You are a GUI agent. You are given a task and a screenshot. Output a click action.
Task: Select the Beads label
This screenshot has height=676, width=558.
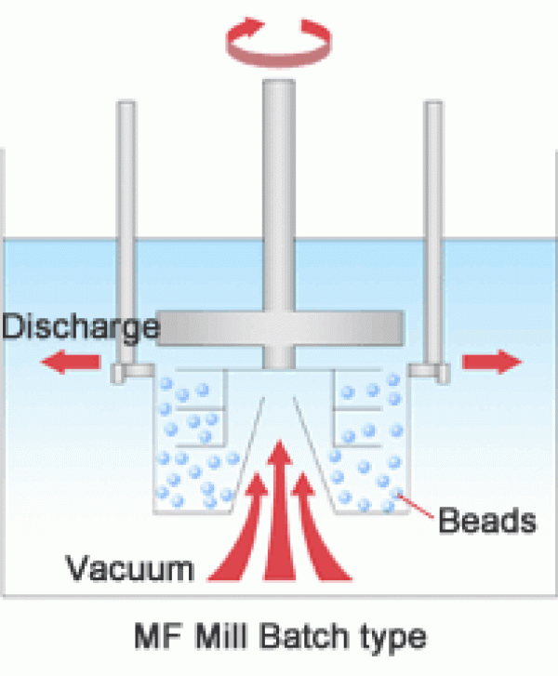click(x=486, y=521)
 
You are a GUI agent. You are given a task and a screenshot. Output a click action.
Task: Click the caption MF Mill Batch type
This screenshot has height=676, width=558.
click(x=278, y=639)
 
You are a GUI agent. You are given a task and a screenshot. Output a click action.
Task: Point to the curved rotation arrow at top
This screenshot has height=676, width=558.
click(x=278, y=42)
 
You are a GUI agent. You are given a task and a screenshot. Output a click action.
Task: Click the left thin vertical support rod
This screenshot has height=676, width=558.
click(x=126, y=232)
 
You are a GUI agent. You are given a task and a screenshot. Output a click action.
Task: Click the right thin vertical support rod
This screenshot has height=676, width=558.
click(x=433, y=232)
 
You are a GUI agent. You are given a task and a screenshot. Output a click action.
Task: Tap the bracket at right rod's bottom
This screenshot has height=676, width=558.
click(x=428, y=372)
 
